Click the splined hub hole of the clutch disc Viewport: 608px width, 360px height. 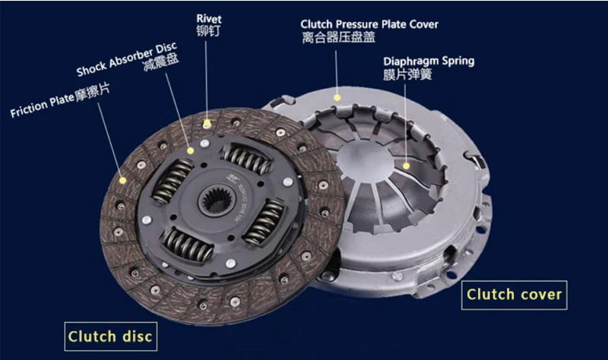[x=216, y=200]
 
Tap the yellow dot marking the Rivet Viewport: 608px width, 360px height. [x=207, y=124]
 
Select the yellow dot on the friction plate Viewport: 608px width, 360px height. [x=123, y=180]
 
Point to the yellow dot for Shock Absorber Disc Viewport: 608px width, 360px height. [x=191, y=150]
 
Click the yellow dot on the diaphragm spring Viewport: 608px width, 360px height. [x=406, y=166]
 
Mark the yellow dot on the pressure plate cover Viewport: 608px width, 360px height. [x=337, y=98]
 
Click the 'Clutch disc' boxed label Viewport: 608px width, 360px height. [x=110, y=336]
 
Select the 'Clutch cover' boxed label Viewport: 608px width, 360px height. [x=515, y=295]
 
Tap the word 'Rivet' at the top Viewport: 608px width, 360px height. [x=209, y=18]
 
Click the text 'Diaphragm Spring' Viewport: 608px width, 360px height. [x=429, y=62]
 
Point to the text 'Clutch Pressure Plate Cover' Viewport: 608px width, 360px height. [x=369, y=24]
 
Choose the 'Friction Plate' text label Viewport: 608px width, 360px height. [x=42, y=106]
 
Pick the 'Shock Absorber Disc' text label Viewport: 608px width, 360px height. [x=127, y=59]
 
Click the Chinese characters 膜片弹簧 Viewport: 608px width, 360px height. [x=407, y=74]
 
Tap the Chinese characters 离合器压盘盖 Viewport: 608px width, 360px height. [x=338, y=37]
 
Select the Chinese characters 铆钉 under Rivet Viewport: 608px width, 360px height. [x=208, y=30]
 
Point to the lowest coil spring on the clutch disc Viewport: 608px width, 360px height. [x=188, y=244]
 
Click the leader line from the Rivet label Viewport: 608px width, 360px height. [x=206, y=81]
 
